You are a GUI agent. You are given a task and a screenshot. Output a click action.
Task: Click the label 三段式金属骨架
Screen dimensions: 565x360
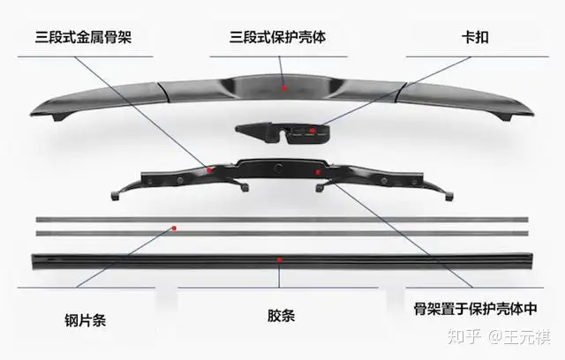(87, 38)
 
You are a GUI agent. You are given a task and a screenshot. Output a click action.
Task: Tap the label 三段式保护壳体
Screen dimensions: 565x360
(280, 38)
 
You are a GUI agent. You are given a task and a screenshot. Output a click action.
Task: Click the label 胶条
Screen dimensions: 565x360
(281, 315)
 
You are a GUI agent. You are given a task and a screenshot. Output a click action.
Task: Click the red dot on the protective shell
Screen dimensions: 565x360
(283, 88)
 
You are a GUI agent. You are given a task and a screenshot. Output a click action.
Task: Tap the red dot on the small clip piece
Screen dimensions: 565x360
(325, 128)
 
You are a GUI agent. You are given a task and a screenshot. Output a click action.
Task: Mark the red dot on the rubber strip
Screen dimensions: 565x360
(280, 260)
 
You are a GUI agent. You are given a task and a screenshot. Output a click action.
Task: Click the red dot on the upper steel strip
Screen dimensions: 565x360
(176, 228)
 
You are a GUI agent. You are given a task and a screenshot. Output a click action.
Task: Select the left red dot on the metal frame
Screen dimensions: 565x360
(210, 168)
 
